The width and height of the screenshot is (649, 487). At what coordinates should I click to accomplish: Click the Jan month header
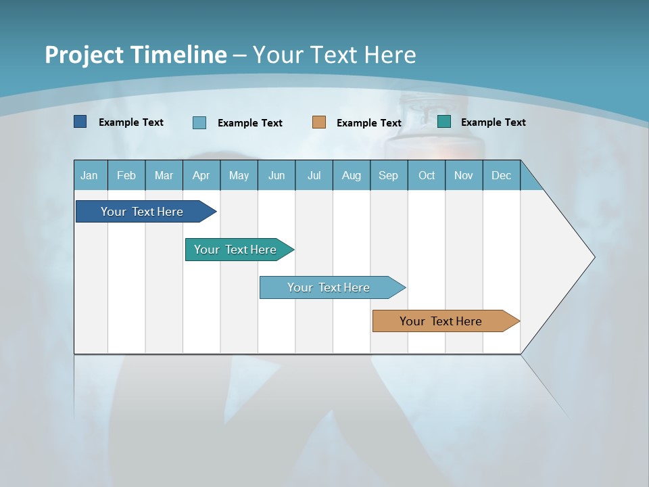pyautogui.click(x=89, y=175)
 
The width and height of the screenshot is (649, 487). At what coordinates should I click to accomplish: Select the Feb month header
pyautogui.click(x=126, y=175)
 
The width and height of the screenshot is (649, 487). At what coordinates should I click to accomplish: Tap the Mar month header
pyautogui.click(x=164, y=175)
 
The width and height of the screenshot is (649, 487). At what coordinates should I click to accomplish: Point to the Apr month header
pyautogui.click(x=201, y=175)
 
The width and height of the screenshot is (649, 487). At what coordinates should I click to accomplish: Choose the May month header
pyautogui.click(x=239, y=175)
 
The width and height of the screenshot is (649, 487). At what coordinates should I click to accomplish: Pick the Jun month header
pyautogui.click(x=277, y=175)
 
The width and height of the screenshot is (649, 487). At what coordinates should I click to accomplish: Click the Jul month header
pyautogui.click(x=314, y=175)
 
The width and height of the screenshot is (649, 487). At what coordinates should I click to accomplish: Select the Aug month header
pyautogui.click(x=352, y=175)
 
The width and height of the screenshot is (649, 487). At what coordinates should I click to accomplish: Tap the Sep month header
pyautogui.click(x=389, y=175)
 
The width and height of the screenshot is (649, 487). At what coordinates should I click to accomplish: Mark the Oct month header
pyautogui.click(x=427, y=175)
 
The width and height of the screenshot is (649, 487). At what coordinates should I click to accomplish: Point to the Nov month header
pyautogui.click(x=464, y=175)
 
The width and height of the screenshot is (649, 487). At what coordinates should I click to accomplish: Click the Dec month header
pyautogui.click(x=502, y=175)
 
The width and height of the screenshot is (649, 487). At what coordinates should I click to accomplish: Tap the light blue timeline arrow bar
pyautogui.click(x=329, y=287)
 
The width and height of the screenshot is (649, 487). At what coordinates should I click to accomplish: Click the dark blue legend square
pyautogui.click(x=80, y=122)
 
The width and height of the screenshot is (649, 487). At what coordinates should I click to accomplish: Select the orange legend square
pyautogui.click(x=319, y=122)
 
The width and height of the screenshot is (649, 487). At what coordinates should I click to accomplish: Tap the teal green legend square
pyautogui.click(x=444, y=122)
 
